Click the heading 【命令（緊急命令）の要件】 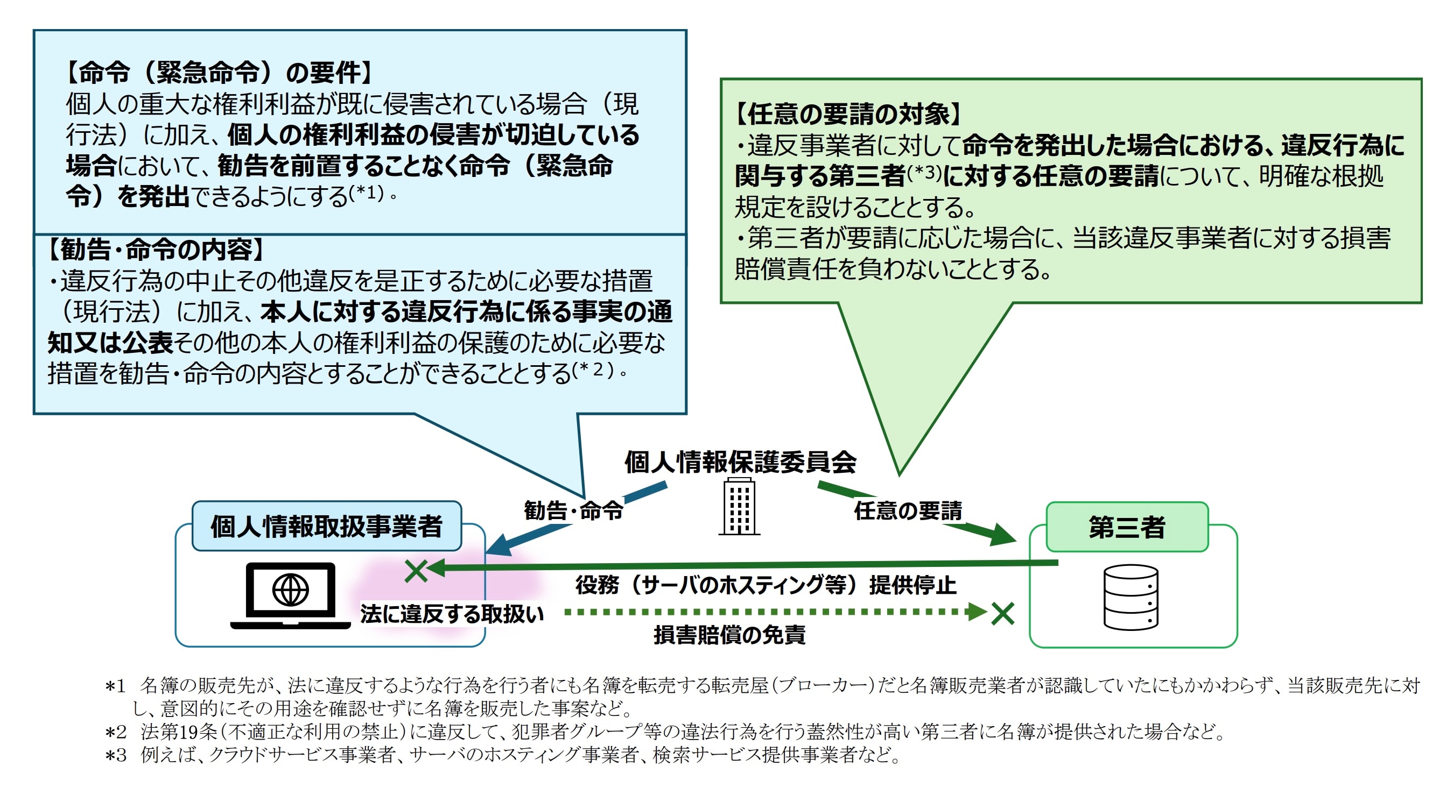pos(219,73)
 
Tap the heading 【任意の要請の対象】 pos(847,114)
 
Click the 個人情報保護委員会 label pos(740,462)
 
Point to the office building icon pos(739,507)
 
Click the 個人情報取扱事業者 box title pos(327,526)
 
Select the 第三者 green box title pos(1127,527)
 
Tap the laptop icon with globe pos(290,596)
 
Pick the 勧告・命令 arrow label pos(573,510)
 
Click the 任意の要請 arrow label pos(908,510)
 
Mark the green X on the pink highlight pos(416,571)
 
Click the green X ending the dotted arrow pos(1002,613)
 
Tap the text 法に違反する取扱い pos(452,614)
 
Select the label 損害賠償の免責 pos(729,635)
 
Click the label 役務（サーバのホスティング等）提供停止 pos(766,585)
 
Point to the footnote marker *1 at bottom pos(115,686)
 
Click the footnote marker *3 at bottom pos(115,756)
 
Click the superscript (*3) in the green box pos(924,172)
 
